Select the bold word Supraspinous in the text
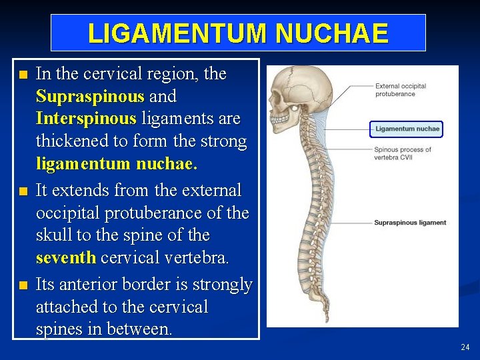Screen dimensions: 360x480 90,97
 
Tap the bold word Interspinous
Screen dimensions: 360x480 86,119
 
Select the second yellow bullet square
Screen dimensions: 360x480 24,191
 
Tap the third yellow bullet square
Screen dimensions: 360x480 24,285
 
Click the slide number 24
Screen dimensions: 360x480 465,347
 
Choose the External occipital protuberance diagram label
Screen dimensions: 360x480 401,90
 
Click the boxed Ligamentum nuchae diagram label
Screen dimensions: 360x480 407,129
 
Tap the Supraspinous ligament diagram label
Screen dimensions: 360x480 410,223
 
